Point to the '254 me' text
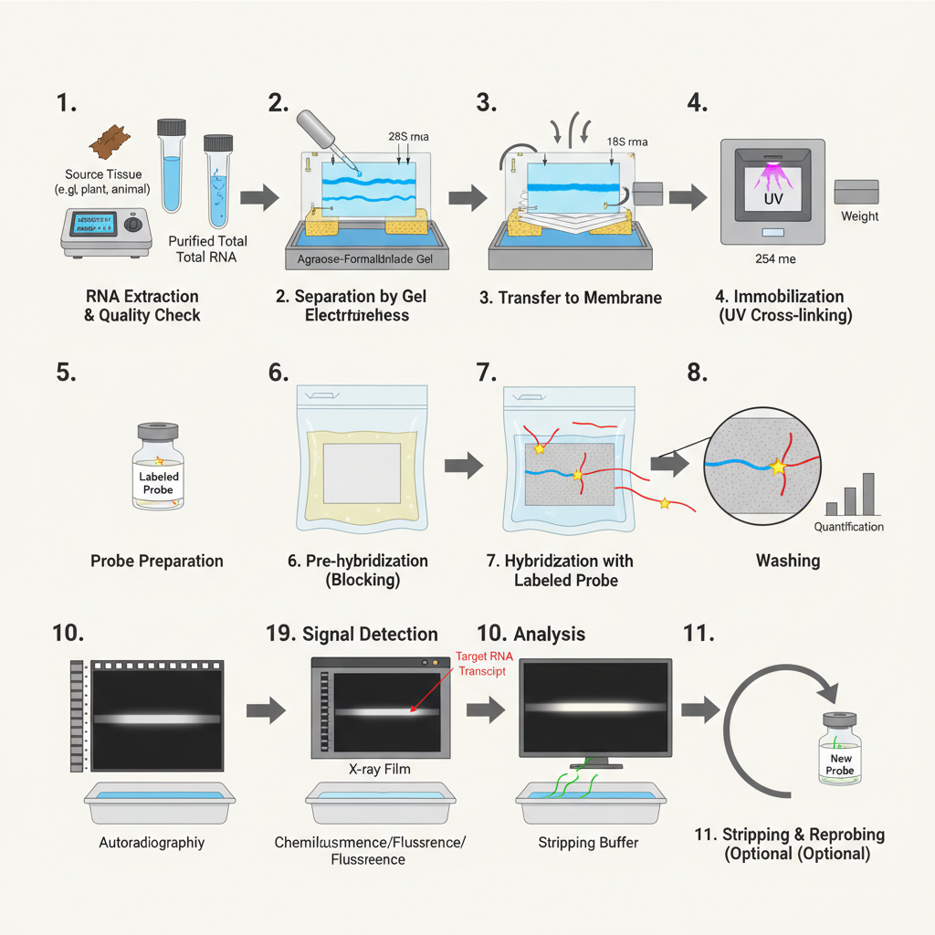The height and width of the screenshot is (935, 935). point(775,259)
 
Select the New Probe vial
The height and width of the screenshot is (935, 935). point(839,752)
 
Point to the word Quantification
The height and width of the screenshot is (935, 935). point(848,527)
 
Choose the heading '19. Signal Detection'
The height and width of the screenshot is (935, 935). point(352,634)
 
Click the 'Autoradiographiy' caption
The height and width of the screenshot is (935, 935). point(152,842)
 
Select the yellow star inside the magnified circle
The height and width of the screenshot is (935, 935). point(778,467)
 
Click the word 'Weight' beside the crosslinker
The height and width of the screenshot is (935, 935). point(859,216)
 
